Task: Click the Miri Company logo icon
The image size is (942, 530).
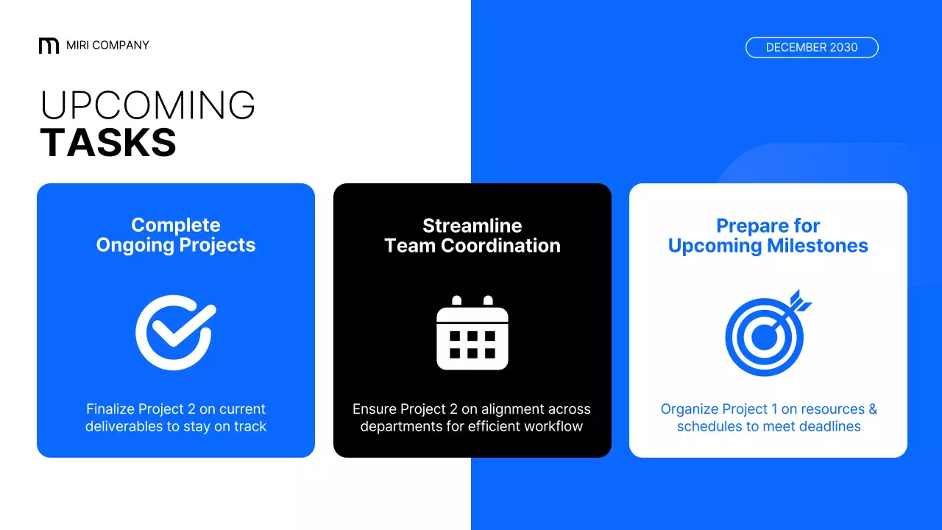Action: (x=49, y=46)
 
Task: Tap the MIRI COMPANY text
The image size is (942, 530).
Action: (x=107, y=46)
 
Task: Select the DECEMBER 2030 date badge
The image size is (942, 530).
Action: (x=812, y=47)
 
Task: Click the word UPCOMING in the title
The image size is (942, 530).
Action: (x=148, y=106)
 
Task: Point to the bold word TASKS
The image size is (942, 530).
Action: (x=108, y=143)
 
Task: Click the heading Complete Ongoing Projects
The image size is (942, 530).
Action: (x=176, y=236)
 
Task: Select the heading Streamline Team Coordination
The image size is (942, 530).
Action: (x=472, y=236)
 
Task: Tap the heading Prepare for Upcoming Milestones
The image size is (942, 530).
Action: (x=768, y=236)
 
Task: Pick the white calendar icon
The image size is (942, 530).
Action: (x=472, y=333)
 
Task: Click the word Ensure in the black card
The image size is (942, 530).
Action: (x=374, y=409)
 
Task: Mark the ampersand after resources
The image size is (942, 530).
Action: (x=872, y=409)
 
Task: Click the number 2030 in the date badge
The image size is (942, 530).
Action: (x=843, y=47)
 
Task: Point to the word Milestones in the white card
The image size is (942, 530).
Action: (x=818, y=246)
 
